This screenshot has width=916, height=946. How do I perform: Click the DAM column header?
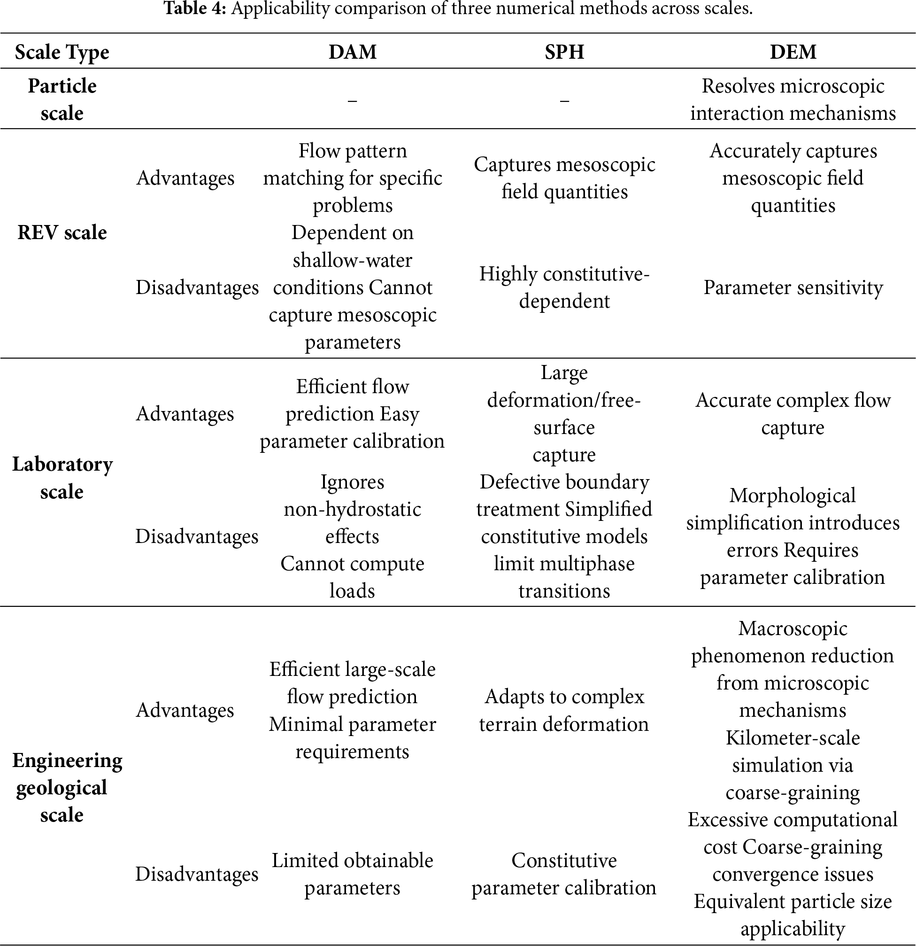pyautogui.click(x=352, y=52)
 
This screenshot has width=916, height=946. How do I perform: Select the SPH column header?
pyautogui.click(x=564, y=52)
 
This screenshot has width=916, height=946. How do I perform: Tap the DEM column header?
pyautogui.click(x=793, y=52)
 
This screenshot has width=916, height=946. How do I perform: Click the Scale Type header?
pyautogui.click(x=62, y=52)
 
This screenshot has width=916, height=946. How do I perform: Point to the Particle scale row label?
pyautogui.click(x=62, y=100)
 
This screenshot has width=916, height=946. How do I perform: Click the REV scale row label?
pyautogui.click(x=62, y=233)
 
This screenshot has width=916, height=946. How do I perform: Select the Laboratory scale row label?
pyautogui.click(x=62, y=478)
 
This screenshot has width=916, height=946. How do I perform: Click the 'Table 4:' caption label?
pyautogui.click(x=195, y=8)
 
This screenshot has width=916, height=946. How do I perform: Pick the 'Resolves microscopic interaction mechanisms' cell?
pyautogui.click(x=793, y=100)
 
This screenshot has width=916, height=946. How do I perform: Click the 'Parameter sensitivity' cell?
pyautogui.click(x=793, y=287)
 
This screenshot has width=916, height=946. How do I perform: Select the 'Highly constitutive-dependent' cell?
pyautogui.click(x=564, y=287)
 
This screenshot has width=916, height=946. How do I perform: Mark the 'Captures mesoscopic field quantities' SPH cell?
pyautogui.click(x=564, y=178)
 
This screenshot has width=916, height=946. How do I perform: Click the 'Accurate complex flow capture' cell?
pyautogui.click(x=793, y=414)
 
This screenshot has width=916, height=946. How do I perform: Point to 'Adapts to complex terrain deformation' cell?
pyautogui.click(x=564, y=710)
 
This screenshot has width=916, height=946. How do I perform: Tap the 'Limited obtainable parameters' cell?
pyautogui.click(x=352, y=874)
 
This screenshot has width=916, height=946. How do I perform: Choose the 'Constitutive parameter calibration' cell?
pyautogui.click(x=564, y=874)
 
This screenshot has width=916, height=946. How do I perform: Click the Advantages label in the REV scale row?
pyautogui.click(x=185, y=178)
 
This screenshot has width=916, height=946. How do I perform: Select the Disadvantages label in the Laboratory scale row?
pyautogui.click(x=197, y=536)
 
